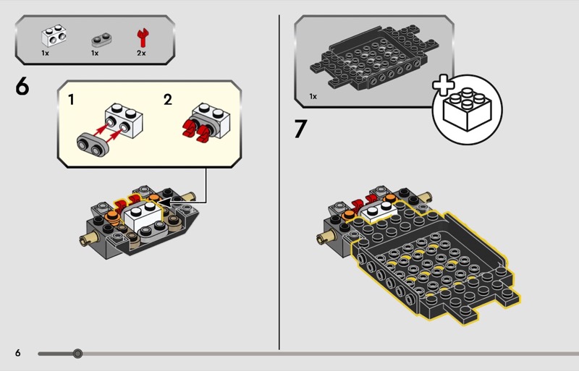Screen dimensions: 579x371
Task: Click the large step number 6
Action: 22,88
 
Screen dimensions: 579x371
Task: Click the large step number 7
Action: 300,129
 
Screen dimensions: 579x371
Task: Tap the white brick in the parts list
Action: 54,35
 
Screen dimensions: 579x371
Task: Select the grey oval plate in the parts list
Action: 101,40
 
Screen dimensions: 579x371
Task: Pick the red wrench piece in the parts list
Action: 142,38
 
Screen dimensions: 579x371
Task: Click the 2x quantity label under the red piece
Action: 141,54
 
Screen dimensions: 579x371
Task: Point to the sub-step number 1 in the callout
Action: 71,99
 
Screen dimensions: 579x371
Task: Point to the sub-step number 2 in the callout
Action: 168,99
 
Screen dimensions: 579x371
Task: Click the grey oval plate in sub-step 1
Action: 93,145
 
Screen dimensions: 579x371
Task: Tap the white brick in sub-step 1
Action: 124,120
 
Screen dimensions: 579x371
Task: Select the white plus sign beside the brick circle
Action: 444,85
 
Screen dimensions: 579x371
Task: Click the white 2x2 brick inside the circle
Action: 467,109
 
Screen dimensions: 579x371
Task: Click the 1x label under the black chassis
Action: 313,96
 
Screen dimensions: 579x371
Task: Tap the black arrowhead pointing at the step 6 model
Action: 165,202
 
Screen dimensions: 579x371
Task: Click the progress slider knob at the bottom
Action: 77,354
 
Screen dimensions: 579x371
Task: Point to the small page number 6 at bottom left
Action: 17,353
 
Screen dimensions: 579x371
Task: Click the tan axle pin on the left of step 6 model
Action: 87,239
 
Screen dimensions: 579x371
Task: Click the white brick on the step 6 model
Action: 143,217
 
